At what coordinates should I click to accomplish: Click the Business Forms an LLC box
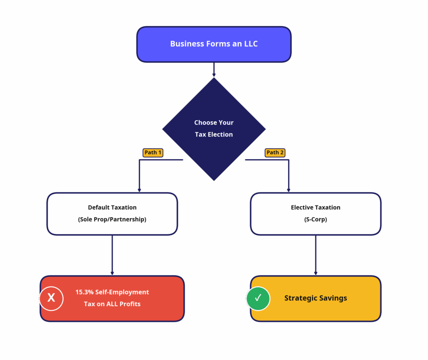[214, 44]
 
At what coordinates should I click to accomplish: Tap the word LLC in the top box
[251, 44]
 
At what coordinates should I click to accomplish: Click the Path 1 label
[153, 153]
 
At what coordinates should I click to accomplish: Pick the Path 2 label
[275, 153]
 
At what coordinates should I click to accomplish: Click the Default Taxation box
[112, 213]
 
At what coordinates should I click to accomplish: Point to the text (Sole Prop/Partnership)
[112, 219]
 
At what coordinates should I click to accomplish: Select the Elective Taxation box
[316, 213]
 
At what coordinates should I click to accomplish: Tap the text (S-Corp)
[316, 219]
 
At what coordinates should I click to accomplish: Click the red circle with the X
[51, 298]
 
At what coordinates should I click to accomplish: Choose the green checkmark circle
[258, 298]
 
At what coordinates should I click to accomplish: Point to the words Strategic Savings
[316, 298]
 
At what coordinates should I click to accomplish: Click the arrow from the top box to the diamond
[214, 70]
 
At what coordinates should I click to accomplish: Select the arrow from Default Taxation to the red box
[112, 255]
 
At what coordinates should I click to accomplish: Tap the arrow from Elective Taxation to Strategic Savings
[316, 255]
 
